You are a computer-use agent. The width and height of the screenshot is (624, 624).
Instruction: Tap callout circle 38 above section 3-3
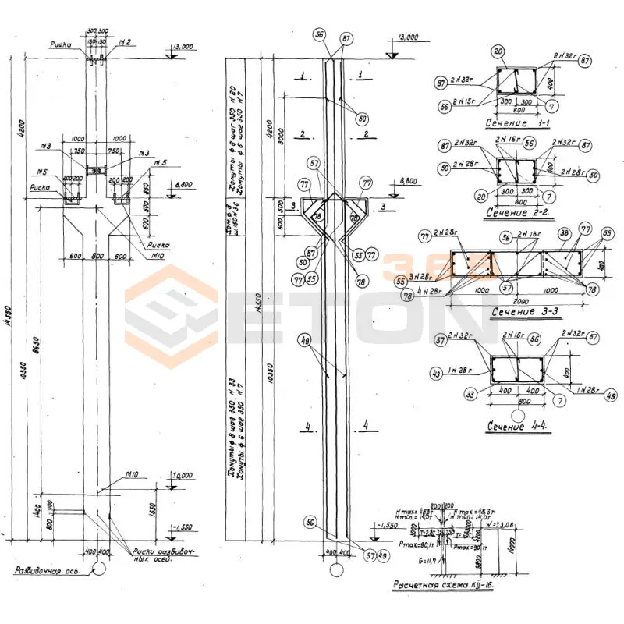[563, 232]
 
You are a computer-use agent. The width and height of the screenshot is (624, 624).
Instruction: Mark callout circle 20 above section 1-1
[498, 52]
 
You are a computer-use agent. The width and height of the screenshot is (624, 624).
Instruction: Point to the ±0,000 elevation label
[183, 476]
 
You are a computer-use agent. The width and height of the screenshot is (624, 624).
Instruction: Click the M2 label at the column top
[124, 41]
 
